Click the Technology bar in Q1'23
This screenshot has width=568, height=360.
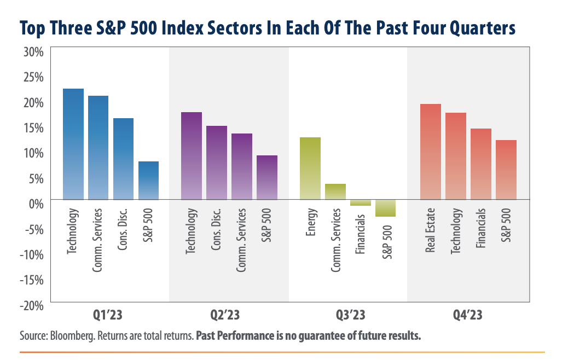pyautogui.click(x=73, y=144)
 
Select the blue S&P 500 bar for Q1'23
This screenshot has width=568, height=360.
pyautogui.click(x=148, y=180)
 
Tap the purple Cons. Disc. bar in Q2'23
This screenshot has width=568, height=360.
pyautogui.click(x=216, y=162)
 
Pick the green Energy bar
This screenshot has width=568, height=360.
pyautogui.click(x=310, y=169)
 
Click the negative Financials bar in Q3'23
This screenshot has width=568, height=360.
pyautogui.click(x=361, y=202)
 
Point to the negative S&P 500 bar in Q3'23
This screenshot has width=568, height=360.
pyautogui.click(x=386, y=208)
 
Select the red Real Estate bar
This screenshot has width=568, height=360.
pyautogui.click(x=430, y=152)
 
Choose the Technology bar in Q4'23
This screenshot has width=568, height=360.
pyautogui.click(x=455, y=156)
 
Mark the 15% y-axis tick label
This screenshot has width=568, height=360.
pyautogui.click(x=32, y=128)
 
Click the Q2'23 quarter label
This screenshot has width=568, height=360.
pyautogui.click(x=225, y=316)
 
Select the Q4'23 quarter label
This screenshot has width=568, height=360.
pyautogui.click(x=470, y=316)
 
